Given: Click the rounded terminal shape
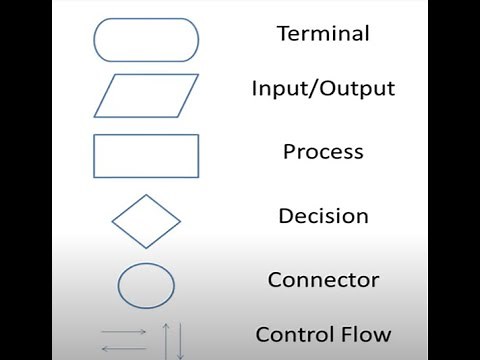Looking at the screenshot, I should [x=145, y=40].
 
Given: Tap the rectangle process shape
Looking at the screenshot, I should [x=145, y=155].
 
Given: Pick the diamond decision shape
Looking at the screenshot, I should [x=146, y=221].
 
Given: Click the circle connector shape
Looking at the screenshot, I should [x=146, y=285].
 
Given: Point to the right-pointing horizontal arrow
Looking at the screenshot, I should [x=124, y=330].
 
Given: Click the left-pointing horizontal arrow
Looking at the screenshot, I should [x=124, y=347].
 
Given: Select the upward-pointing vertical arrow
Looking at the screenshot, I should [x=165, y=340].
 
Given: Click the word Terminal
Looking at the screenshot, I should [x=323, y=33].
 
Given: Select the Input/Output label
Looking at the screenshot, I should [x=323, y=89].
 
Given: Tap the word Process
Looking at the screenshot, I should [x=323, y=153].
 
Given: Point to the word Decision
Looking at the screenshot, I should [x=323, y=216].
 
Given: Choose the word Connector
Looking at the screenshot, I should [x=323, y=280].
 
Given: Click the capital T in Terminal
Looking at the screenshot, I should [x=283, y=33].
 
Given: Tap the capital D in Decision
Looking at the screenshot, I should [x=285, y=216].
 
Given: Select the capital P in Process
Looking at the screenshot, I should [x=289, y=153].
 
